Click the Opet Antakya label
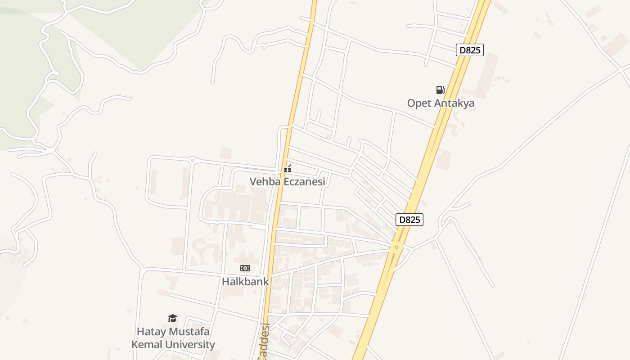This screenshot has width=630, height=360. (x=441, y=103)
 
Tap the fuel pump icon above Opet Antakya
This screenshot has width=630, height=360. (x=440, y=90)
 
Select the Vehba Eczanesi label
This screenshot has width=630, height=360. (x=287, y=182)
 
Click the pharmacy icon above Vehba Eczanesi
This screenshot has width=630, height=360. (x=288, y=169)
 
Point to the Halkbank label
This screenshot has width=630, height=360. (x=245, y=282)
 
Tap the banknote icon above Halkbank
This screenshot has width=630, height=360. (x=245, y=268)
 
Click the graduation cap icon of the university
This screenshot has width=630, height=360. (x=172, y=319)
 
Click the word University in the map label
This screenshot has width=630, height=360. (x=191, y=345)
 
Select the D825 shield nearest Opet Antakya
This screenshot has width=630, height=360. (x=470, y=50)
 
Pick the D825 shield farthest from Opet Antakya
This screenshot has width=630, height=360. (x=409, y=220)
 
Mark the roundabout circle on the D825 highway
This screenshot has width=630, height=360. (x=396, y=247)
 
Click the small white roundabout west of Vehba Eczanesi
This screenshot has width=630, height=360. (x=192, y=159)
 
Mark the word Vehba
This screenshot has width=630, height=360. (x=263, y=182)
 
